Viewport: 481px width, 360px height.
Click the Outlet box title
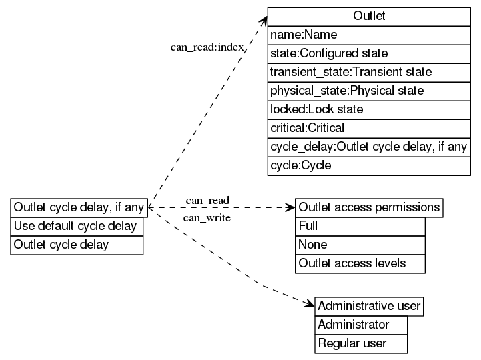pyautogui.click(x=369, y=16)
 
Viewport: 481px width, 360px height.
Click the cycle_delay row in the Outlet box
pyautogui.click(x=369, y=146)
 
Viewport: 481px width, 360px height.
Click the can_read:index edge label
pyautogui.click(x=207, y=47)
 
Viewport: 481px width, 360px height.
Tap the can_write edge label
pyautogui.click(x=207, y=218)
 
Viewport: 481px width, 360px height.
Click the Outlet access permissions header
pyautogui.click(x=369, y=207)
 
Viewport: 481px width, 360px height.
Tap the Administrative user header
pyautogui.click(x=369, y=306)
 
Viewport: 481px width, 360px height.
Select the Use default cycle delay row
pyautogui.click(x=77, y=226)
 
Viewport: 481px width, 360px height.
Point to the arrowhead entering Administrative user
pyautogui.click(x=310, y=305)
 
